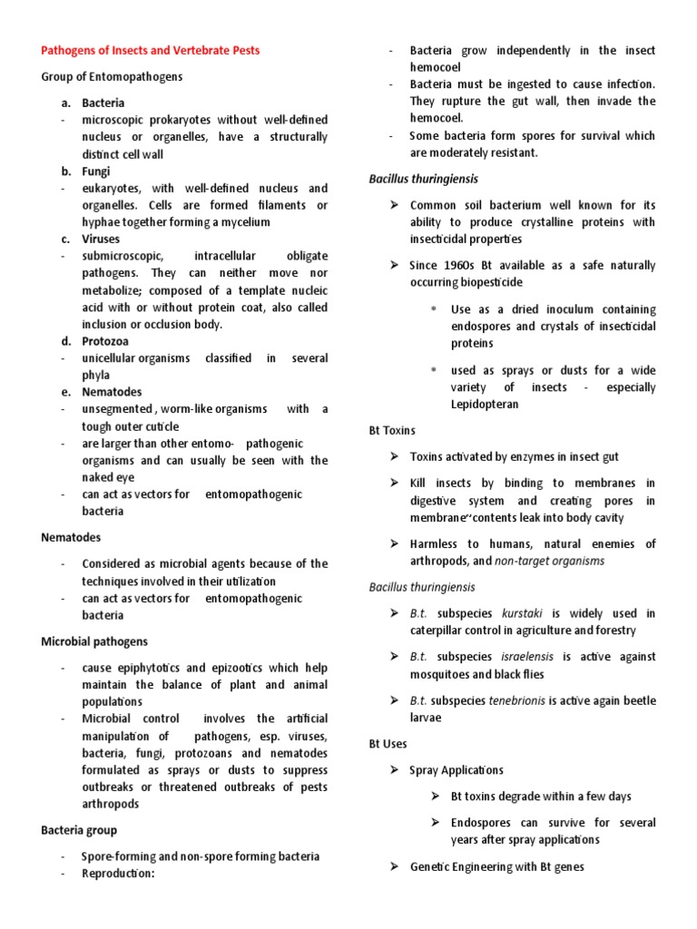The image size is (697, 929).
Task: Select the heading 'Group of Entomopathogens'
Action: coord(112,77)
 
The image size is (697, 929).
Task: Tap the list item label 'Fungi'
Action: coord(96,171)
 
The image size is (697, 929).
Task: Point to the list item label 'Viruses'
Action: coord(101,240)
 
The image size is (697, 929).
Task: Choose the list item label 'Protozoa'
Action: coord(105,341)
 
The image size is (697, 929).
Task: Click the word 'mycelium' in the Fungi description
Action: coord(246,222)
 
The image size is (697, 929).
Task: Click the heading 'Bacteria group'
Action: coord(79,829)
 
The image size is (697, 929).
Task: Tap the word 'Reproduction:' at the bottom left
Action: coord(119,873)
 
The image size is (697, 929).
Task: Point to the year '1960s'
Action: coord(464,266)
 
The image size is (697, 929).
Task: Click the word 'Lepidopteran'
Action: coord(485,405)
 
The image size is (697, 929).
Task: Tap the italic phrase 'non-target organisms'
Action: coord(551,561)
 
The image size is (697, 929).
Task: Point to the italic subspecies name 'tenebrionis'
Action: coord(521,700)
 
